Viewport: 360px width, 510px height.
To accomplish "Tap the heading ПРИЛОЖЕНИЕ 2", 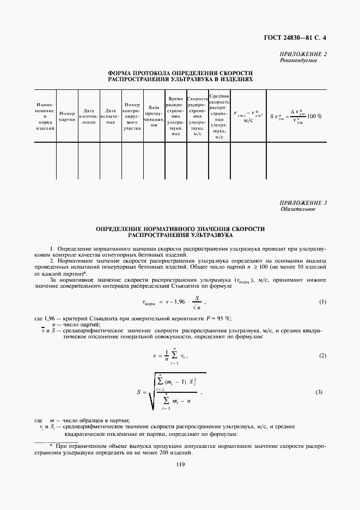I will coord(303,54).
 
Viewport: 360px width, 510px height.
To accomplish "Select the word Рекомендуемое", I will coord(298,60).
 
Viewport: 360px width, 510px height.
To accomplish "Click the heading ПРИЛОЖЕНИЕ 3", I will coord(303,203).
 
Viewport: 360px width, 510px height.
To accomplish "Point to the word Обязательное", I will coord(298,209).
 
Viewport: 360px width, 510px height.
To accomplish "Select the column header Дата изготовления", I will coord(88,115).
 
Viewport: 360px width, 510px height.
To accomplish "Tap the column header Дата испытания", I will coord(109,115).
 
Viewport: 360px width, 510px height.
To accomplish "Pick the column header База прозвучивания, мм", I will coord(154,116).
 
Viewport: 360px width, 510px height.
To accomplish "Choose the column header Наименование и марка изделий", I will coord(45,116).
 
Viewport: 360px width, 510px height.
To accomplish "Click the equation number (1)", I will coord(322,302).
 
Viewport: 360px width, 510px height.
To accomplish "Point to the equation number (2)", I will coord(322,355).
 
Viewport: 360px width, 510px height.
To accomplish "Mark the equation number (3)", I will coord(322,392).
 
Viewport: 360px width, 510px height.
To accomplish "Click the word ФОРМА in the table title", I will coord(120,72).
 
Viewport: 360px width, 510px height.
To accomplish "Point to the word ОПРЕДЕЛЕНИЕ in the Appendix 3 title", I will coord(121,229).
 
